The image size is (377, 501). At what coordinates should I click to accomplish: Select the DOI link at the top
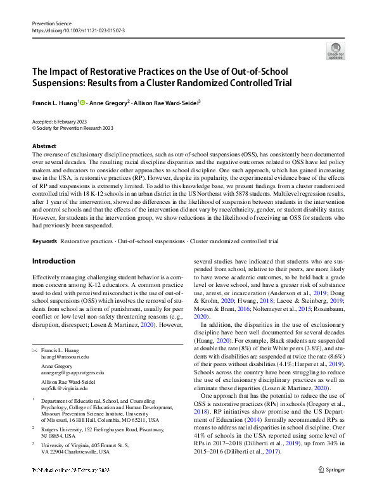[79, 30]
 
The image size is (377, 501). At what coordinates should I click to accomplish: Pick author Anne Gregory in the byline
[109, 101]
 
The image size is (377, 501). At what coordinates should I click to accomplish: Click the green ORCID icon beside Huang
[82, 101]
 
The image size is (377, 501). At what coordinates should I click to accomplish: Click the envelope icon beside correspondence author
[35, 350]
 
